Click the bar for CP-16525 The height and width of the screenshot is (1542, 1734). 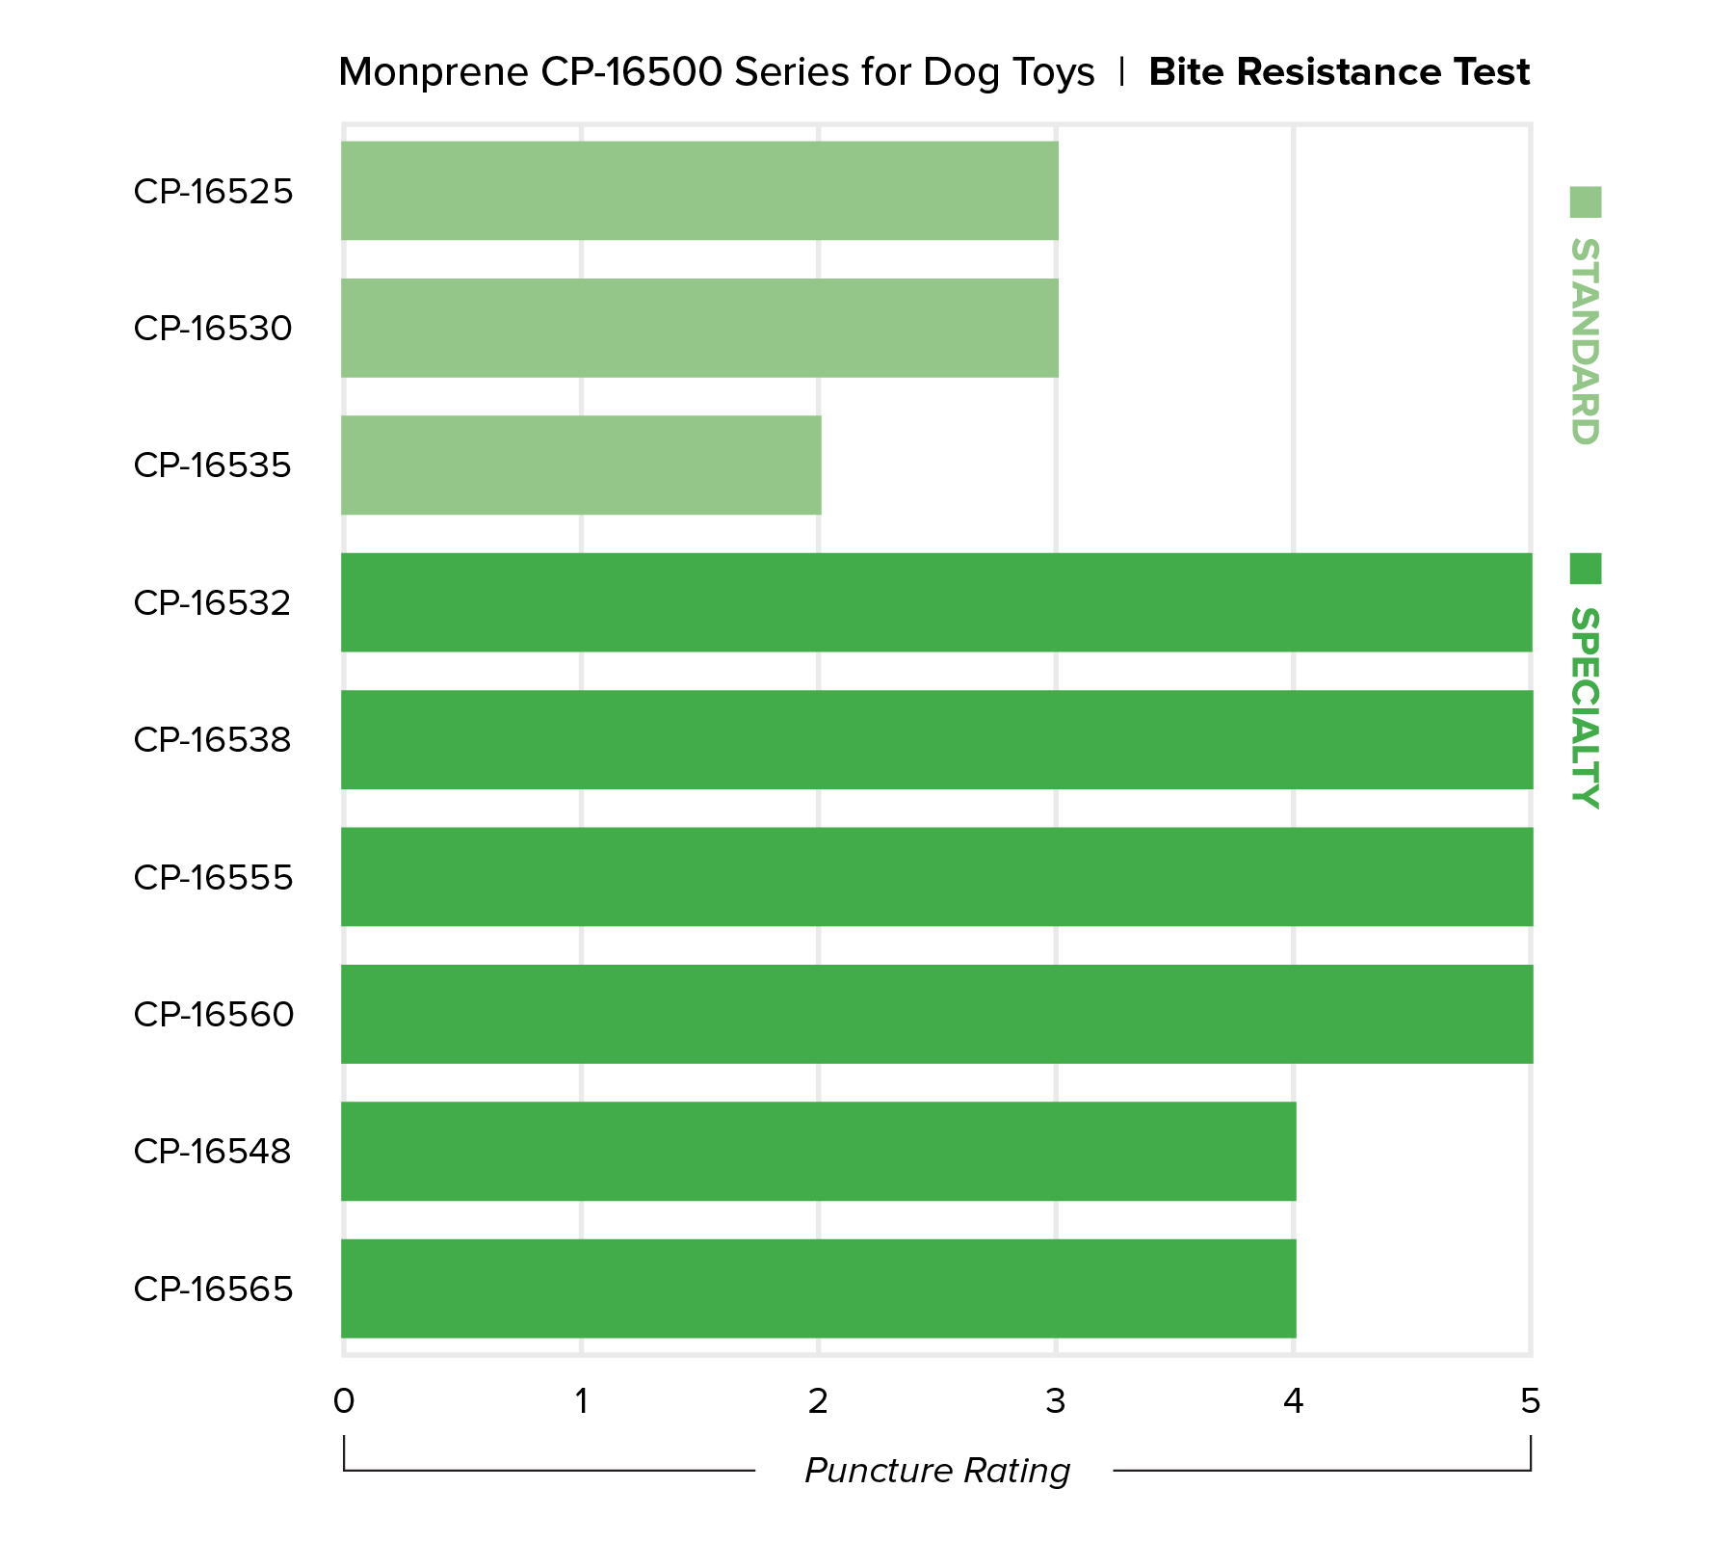pyautogui.click(x=699, y=191)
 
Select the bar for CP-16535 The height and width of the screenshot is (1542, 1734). pyautogui.click(x=581, y=465)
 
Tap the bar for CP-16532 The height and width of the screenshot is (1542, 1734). pyautogui.click(x=936, y=602)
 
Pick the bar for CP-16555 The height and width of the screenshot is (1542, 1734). pyautogui.click(x=936, y=877)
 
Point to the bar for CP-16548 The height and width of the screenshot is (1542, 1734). pyautogui.click(x=818, y=1151)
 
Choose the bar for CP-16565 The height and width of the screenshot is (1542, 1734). pyautogui.click(x=818, y=1289)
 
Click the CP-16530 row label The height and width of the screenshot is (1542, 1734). pyautogui.click(x=213, y=329)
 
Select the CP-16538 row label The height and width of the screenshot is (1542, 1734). pyautogui.click(x=213, y=740)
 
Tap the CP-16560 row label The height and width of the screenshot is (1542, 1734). pyautogui.click(x=214, y=1015)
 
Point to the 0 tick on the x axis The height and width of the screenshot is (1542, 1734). pyautogui.click(x=344, y=1401)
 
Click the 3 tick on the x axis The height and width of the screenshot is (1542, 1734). pyautogui.click(x=1056, y=1401)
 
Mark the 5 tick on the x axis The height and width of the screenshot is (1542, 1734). pyautogui.click(x=1531, y=1401)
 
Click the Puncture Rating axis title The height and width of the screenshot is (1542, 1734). pyautogui.click(x=937, y=1471)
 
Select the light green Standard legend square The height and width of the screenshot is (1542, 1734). pyautogui.click(x=1585, y=202)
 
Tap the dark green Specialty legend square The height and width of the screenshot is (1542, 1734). pyautogui.click(x=1585, y=569)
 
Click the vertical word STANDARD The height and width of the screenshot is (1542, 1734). pyautogui.click(x=1585, y=341)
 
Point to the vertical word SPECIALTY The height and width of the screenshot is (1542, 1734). pyautogui.click(x=1585, y=707)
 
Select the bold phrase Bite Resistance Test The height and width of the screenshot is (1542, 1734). pyautogui.click(x=1339, y=72)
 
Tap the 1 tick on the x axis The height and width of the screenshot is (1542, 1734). pyautogui.click(x=581, y=1401)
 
